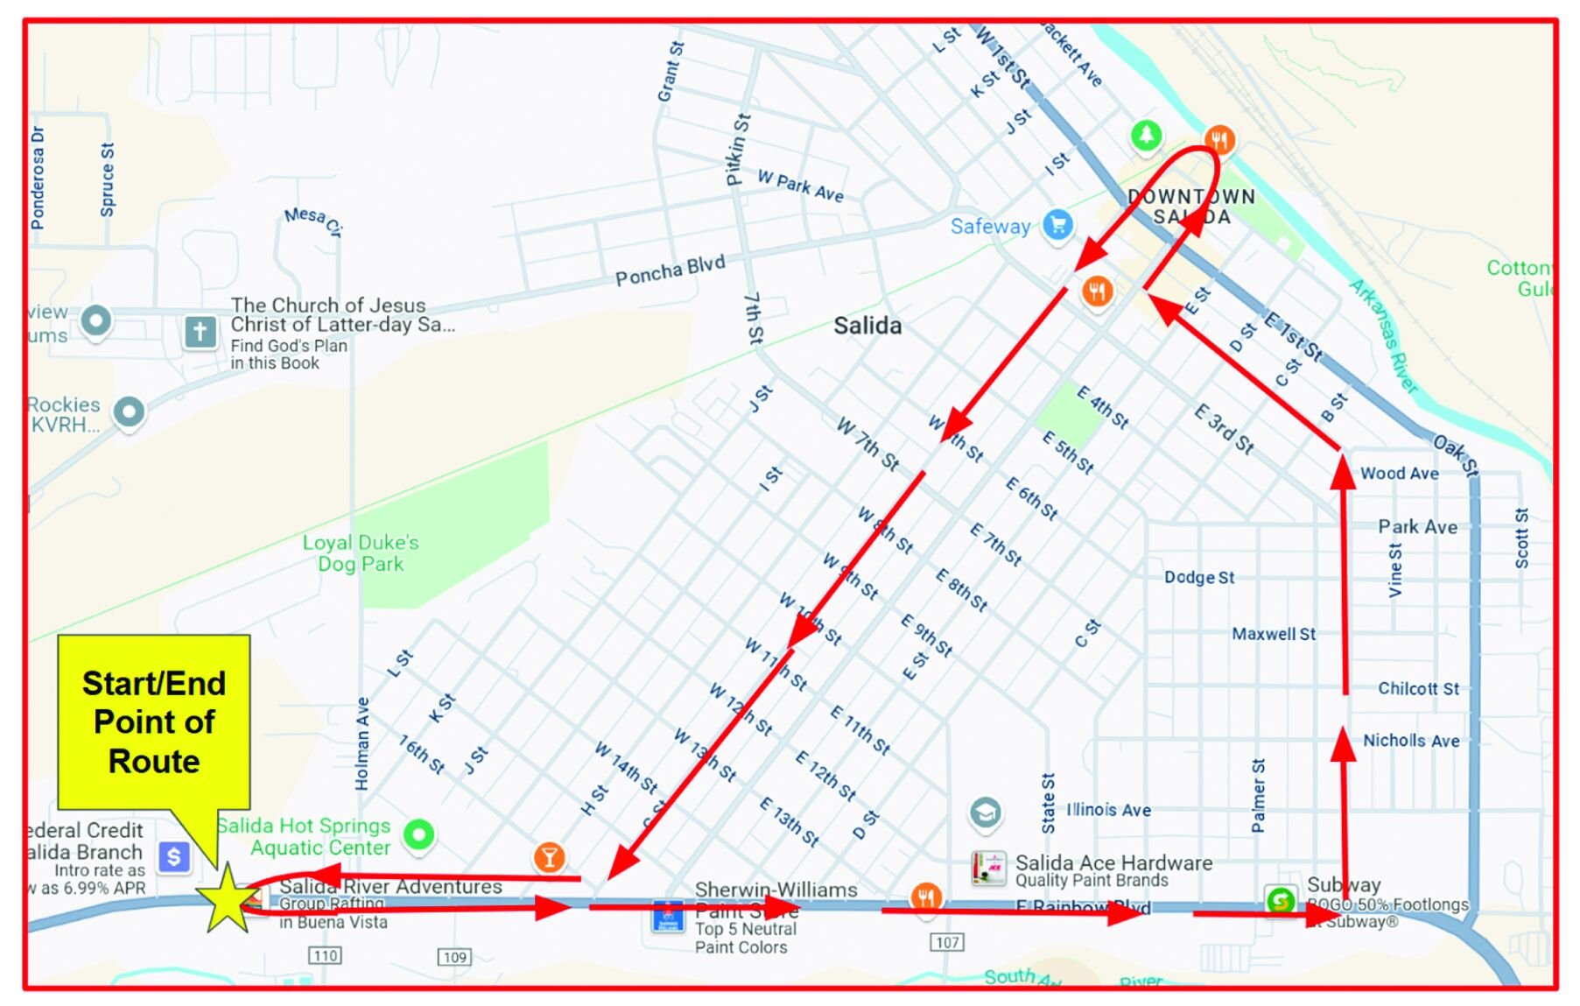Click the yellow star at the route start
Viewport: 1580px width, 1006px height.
click(228, 900)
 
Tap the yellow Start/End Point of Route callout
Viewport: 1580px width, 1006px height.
click(154, 721)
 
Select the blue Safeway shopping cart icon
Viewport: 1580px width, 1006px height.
click(1057, 225)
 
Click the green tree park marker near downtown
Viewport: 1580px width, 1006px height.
click(1146, 136)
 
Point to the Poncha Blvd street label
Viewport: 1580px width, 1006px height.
click(670, 271)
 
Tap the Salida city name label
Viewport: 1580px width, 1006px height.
click(867, 326)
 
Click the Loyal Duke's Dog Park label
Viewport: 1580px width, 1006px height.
click(361, 553)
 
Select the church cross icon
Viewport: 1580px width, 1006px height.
click(200, 332)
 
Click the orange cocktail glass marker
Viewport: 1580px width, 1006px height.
click(549, 857)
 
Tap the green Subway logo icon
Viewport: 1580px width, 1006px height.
click(1281, 900)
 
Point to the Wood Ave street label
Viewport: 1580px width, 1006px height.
click(1399, 474)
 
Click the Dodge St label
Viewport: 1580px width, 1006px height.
click(1198, 578)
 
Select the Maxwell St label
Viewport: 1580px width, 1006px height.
click(1273, 634)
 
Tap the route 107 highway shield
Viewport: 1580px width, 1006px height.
click(947, 942)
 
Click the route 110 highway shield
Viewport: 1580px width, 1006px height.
click(325, 955)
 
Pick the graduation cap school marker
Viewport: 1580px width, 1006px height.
click(985, 813)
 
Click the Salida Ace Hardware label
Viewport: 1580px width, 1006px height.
click(1113, 863)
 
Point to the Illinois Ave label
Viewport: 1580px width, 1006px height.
click(1108, 810)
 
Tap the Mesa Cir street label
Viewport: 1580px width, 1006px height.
click(312, 220)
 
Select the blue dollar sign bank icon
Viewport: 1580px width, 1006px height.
click(173, 856)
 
